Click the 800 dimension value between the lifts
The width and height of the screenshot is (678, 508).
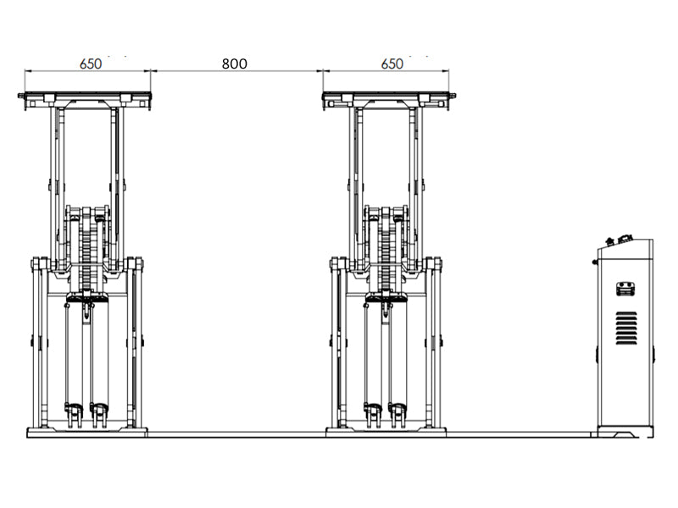point(235,63)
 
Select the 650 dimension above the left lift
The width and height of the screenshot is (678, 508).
point(91,63)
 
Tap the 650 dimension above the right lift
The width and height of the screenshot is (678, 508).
point(392,63)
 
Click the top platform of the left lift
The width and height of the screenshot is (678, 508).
point(85,96)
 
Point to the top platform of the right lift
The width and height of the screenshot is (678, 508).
point(388,96)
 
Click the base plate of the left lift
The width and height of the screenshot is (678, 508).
point(86,432)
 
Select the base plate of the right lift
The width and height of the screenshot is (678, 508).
point(386,432)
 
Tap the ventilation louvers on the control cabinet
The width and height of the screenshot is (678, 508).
point(626,328)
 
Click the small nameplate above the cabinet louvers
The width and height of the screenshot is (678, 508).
point(626,289)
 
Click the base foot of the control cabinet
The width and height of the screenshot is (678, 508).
point(625,432)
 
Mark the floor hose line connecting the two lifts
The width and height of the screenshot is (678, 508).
point(236,434)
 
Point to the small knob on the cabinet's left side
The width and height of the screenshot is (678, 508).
point(595,262)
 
